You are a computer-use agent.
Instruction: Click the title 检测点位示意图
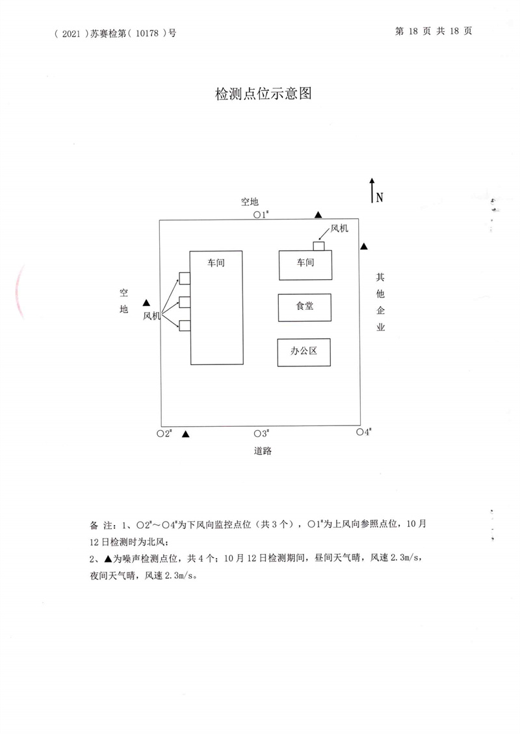pyautogui.click(x=263, y=93)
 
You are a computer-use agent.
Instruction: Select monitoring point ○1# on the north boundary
pyautogui.click(x=261, y=214)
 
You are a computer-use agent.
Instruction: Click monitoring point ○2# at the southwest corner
pyautogui.click(x=164, y=433)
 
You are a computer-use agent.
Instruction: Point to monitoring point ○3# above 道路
pyautogui.click(x=261, y=433)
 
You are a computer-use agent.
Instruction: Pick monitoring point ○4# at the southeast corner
pyautogui.click(x=364, y=431)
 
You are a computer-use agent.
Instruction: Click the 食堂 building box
pyautogui.click(x=304, y=307)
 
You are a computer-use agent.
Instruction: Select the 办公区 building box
pyautogui.click(x=304, y=353)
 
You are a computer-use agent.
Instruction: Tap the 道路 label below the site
pyautogui.click(x=263, y=451)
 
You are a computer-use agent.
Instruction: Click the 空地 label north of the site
pyautogui.click(x=250, y=202)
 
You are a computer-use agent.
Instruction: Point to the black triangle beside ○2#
pyautogui.click(x=185, y=434)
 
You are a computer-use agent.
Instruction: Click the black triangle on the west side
pyautogui.click(x=146, y=303)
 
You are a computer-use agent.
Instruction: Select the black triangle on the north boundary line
pyautogui.click(x=318, y=214)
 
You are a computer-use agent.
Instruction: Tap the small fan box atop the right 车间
pyautogui.click(x=318, y=246)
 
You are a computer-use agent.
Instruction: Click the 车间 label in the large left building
pyautogui.click(x=216, y=262)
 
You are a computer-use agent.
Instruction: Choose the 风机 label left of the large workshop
pyautogui.click(x=151, y=316)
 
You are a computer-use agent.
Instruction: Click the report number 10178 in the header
pyautogui.click(x=147, y=33)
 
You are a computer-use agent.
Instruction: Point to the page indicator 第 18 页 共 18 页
pyautogui.click(x=434, y=31)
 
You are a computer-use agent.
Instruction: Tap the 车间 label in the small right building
pyautogui.click(x=305, y=262)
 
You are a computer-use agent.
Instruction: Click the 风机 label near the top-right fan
pyautogui.click(x=339, y=229)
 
